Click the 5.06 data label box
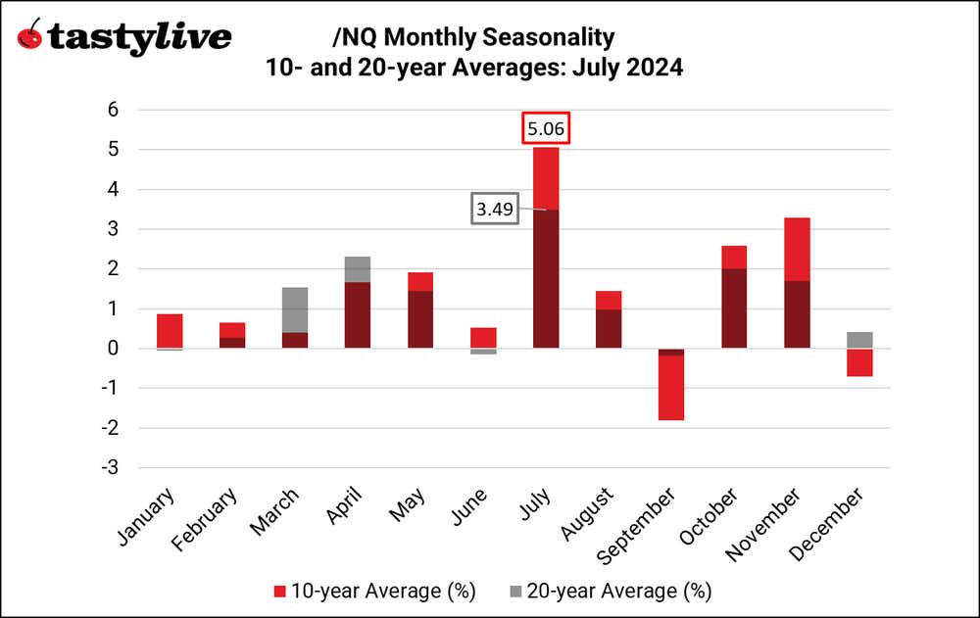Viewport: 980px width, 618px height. [545, 128]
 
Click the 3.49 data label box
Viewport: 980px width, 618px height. [494, 210]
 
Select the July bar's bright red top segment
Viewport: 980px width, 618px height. [546, 178]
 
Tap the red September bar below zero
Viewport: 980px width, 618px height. [671, 388]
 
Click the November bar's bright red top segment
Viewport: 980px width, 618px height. [797, 249]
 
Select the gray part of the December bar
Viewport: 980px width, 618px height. [859, 340]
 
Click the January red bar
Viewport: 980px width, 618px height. [170, 331]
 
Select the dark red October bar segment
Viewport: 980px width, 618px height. [734, 309]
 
